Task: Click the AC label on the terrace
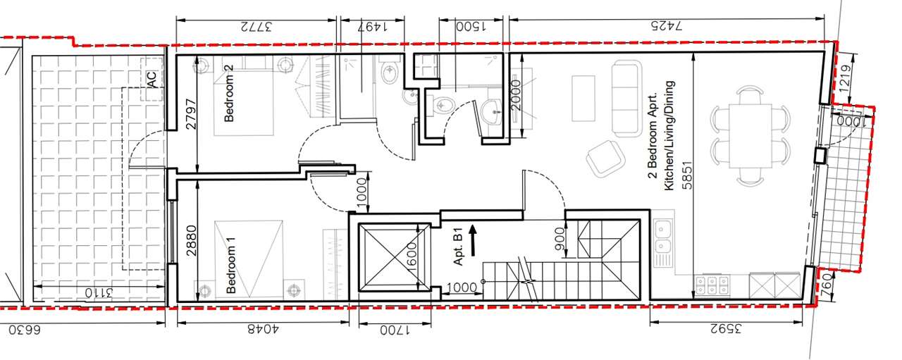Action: point(152,80)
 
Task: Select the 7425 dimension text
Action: point(667,26)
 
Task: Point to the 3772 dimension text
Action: point(256,27)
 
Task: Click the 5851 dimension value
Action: point(687,175)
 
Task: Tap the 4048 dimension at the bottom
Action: point(263,330)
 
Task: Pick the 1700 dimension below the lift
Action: point(395,330)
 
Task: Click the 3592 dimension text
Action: point(725,330)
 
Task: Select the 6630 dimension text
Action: point(25,330)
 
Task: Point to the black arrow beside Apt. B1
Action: point(473,241)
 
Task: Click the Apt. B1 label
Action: point(459,246)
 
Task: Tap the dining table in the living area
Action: point(750,136)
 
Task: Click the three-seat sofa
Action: point(626,98)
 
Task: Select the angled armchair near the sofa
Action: point(605,159)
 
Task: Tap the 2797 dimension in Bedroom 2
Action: point(192,114)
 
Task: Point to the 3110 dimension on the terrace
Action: point(99,292)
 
